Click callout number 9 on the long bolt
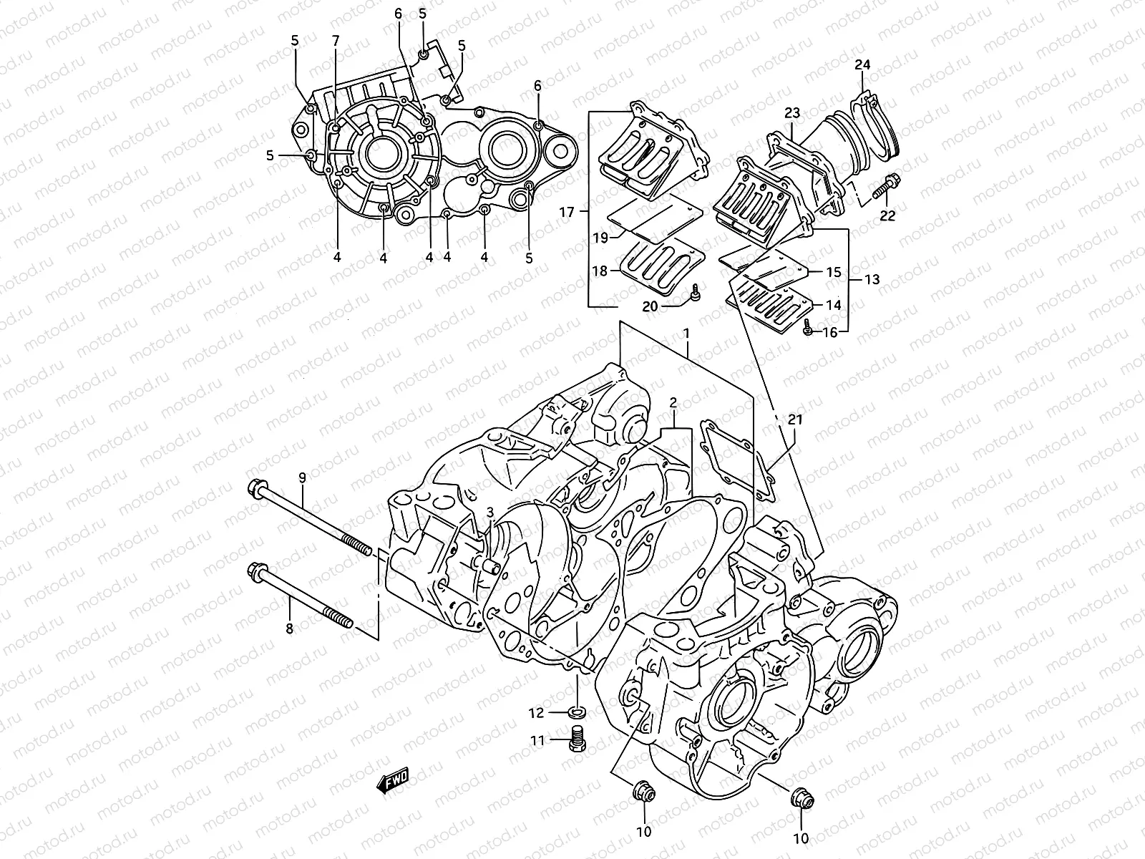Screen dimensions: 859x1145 coord(302,477)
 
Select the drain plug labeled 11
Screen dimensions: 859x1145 coord(577,739)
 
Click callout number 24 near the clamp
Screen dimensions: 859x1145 coord(862,65)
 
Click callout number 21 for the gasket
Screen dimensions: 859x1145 coord(795,420)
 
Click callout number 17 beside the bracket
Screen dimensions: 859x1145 coord(567,212)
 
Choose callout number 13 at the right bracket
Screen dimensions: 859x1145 coord(872,279)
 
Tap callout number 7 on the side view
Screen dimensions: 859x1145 coord(335,41)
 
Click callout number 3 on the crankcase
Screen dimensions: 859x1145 coord(489,512)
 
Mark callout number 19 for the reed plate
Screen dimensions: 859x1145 coord(600,237)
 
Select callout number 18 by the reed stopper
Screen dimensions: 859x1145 coord(600,271)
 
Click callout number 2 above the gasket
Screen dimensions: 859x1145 coord(673,402)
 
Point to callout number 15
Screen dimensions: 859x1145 coord(833,273)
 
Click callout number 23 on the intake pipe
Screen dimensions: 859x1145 coord(791,112)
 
